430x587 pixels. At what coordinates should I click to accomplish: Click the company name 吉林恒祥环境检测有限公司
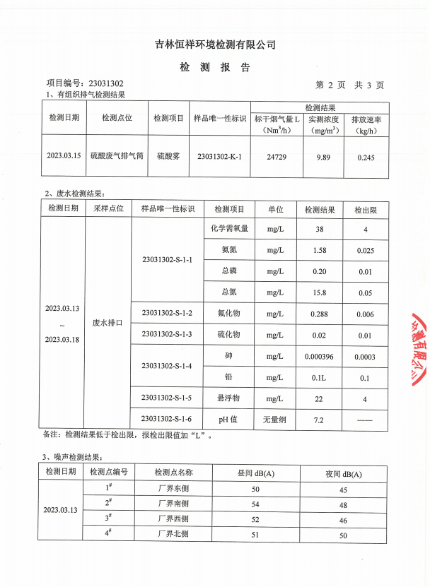pyautogui.click(x=215, y=45)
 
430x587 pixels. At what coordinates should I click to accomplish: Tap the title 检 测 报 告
pyautogui.click(x=215, y=68)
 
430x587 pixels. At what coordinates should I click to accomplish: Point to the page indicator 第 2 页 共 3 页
pyautogui.click(x=349, y=85)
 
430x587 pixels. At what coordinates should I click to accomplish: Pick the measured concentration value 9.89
pyautogui.click(x=322, y=155)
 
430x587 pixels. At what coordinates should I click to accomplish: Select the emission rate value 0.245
pyautogui.click(x=366, y=155)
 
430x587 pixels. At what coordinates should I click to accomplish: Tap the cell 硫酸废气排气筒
pyautogui.click(x=117, y=154)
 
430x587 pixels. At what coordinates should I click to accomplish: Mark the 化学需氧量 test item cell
pyautogui.click(x=228, y=229)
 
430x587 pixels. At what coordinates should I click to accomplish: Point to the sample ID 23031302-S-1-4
pyautogui.click(x=167, y=366)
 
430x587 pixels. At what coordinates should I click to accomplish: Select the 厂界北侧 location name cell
pyautogui.click(x=173, y=534)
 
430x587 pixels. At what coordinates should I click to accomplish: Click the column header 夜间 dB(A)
pyautogui.click(x=344, y=473)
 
